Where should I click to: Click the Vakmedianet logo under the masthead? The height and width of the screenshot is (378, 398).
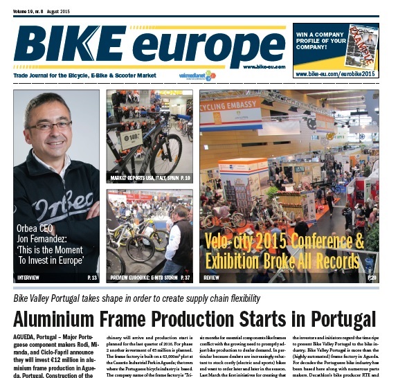click(197, 74)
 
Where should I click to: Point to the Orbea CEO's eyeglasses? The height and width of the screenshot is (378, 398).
click(48, 126)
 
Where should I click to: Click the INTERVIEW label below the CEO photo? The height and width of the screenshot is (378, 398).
click(28, 278)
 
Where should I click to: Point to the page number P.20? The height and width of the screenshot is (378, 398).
click(372, 278)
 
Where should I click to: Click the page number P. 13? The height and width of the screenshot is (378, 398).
click(92, 278)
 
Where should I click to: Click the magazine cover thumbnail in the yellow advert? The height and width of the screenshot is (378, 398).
click(363, 44)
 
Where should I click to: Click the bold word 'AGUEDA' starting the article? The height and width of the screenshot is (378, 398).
click(26, 336)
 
